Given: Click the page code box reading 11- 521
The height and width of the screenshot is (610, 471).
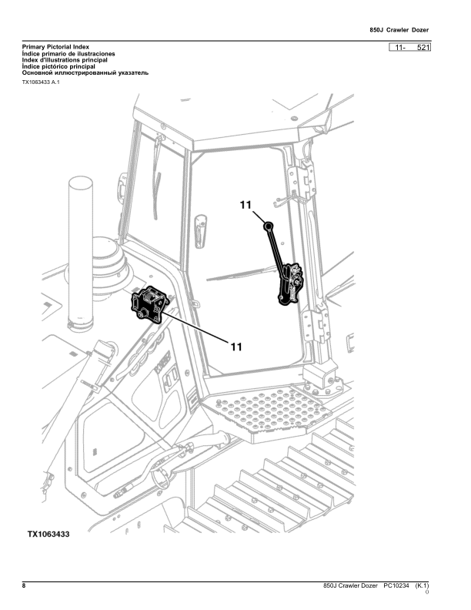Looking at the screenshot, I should coord(410,48).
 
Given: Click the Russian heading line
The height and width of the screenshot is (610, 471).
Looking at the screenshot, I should coord(85,72).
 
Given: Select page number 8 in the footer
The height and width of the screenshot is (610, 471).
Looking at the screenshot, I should coord(24,587).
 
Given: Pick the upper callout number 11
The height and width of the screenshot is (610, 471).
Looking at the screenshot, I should coord(245,205).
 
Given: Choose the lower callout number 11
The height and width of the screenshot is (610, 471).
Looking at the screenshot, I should coord(236,346).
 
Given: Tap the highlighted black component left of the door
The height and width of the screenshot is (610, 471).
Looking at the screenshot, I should coord(148,304).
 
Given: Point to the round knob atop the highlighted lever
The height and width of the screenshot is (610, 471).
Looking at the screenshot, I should coord(268,226).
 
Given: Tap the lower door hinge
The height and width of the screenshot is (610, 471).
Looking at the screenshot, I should coord(314,323).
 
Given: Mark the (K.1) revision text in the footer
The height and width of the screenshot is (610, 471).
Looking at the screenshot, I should coord(421,587).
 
